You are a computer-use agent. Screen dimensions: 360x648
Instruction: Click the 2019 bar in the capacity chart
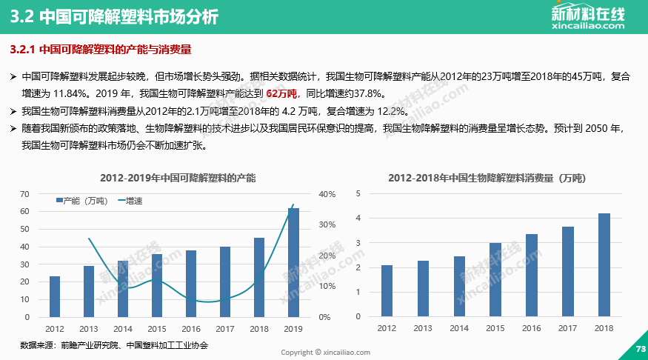click(294, 262)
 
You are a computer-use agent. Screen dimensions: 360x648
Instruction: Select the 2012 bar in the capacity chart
click(55, 296)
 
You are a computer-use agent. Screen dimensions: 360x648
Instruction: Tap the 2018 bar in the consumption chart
click(604, 264)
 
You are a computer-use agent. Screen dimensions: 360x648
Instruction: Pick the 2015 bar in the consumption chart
click(495, 279)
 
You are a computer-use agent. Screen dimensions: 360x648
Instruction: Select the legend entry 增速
click(130, 201)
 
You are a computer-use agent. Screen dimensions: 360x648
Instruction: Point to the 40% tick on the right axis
click(327, 194)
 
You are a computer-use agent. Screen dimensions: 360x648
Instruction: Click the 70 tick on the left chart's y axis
click(24, 194)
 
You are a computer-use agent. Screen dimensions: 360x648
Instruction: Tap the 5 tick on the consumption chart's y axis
click(358, 193)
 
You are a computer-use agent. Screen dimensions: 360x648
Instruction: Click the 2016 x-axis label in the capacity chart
click(191, 328)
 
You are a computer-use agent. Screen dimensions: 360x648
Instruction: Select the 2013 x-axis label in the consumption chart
click(423, 328)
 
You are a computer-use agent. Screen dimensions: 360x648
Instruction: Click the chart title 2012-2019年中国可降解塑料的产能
click(178, 179)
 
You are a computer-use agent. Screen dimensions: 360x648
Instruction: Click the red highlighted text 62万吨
click(281, 93)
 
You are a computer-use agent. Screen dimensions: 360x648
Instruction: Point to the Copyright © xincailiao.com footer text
click(325, 353)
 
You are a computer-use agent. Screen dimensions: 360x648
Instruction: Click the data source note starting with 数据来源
click(114, 345)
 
